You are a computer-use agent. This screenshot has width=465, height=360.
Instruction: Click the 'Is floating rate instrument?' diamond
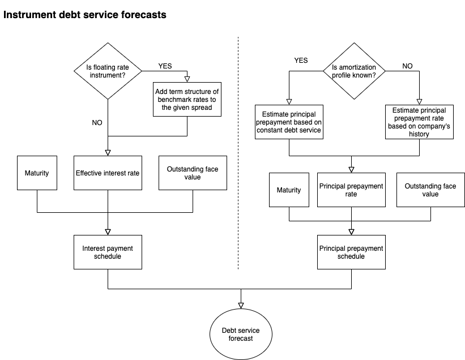click(108, 71)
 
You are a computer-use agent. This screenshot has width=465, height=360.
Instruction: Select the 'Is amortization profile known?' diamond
click(353, 71)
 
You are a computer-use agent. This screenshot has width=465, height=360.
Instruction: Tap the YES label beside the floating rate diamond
click(165, 66)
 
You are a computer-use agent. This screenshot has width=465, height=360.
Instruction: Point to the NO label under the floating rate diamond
click(97, 123)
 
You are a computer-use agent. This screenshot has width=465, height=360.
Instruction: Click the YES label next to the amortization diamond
click(301, 61)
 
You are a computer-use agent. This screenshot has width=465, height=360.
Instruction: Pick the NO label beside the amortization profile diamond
click(408, 66)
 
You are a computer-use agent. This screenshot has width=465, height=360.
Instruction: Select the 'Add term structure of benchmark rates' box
click(187, 99)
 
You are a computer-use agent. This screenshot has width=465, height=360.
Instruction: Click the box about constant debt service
click(289, 122)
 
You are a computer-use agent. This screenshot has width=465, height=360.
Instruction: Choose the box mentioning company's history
click(419, 122)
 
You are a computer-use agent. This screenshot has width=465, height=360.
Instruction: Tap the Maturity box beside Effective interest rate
click(37, 173)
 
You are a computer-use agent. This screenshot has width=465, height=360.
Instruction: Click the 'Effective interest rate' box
click(108, 173)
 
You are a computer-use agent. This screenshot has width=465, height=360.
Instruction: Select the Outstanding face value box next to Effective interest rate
click(193, 173)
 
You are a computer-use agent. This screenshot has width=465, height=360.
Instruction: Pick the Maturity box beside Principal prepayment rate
click(289, 190)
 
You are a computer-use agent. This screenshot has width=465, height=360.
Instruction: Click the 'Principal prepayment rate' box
click(351, 190)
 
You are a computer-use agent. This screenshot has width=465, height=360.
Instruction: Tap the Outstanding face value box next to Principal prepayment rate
click(430, 190)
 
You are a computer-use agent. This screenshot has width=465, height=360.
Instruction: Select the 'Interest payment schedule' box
click(108, 252)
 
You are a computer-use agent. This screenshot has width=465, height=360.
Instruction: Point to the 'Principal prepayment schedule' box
click(351, 252)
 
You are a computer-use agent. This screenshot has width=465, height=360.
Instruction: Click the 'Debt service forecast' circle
click(241, 334)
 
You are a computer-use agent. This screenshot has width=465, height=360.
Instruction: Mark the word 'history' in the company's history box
click(419, 135)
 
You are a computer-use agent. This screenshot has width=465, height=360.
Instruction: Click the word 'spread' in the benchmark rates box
click(193, 107)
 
